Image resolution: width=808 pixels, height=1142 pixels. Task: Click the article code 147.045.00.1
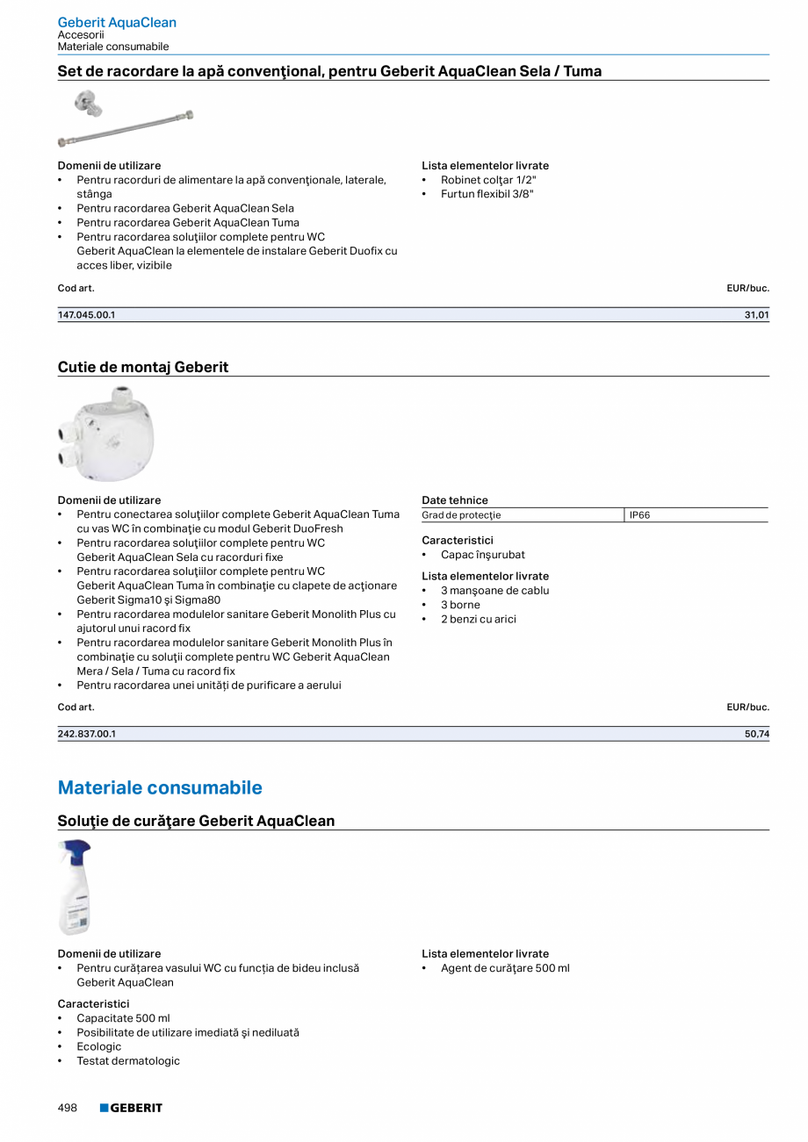point(87,315)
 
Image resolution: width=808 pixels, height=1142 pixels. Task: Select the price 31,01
point(756,315)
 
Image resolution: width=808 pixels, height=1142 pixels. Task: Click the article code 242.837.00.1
point(87,734)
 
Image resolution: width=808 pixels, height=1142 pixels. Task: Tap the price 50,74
point(756,734)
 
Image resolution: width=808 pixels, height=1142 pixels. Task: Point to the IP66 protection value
point(640,515)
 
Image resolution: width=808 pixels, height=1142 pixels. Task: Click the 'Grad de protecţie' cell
point(461,515)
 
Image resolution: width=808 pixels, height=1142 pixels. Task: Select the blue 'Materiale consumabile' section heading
point(160,787)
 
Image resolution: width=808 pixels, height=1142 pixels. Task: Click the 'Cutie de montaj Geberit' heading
point(143,367)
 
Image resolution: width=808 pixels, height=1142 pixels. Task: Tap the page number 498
point(68,1108)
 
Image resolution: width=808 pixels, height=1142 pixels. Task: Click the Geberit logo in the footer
point(131,1108)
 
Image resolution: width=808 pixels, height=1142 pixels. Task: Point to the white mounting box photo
point(107,435)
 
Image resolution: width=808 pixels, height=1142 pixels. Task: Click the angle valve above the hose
point(88,104)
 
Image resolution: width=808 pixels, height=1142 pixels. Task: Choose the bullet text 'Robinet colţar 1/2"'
point(488,180)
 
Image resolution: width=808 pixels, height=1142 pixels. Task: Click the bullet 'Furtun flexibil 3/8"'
point(487,194)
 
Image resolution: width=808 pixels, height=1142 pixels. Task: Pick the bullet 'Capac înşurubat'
point(483,555)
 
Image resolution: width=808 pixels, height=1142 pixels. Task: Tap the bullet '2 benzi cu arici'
point(479,619)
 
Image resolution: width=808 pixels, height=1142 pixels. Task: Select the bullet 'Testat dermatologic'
point(128,1060)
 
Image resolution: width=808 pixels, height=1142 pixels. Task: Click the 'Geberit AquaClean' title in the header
point(117,22)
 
